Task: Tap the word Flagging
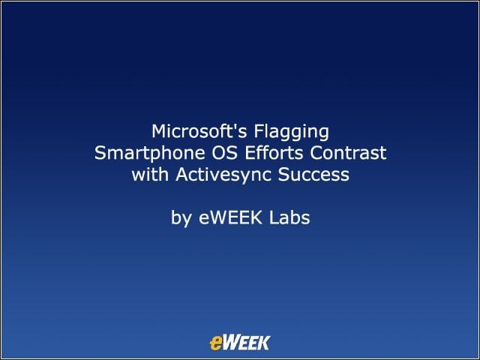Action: pyautogui.click(x=292, y=132)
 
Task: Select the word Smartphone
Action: pyautogui.click(x=150, y=154)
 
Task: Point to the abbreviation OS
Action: pyautogui.click(x=225, y=153)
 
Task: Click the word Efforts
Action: pyautogui.click(x=274, y=153)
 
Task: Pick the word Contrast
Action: pyautogui.click(x=348, y=153)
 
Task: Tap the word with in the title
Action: pyautogui.click(x=150, y=175)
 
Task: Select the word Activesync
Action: pyautogui.click(x=223, y=175)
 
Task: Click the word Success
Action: pyautogui.click(x=313, y=175)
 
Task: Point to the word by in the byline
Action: pyautogui.click(x=181, y=219)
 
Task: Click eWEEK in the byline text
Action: pyautogui.click(x=230, y=218)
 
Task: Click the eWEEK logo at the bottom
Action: pyautogui.click(x=240, y=343)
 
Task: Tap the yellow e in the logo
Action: pyautogui.click(x=215, y=343)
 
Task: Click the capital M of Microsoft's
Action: pyautogui.click(x=158, y=131)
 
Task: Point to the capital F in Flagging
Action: pyautogui.click(x=258, y=131)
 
